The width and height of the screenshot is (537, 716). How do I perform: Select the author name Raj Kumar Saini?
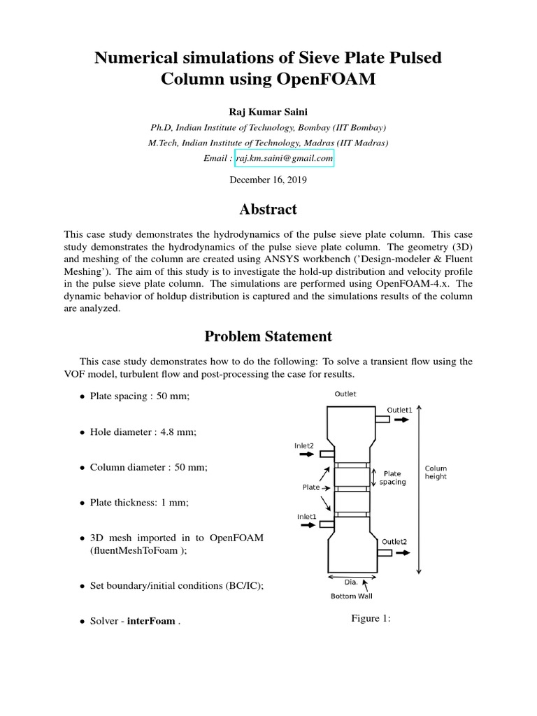268,112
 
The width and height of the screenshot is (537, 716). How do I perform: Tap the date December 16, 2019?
268,180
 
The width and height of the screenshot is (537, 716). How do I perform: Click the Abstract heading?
268,210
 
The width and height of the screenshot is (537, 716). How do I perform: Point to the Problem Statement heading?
268,336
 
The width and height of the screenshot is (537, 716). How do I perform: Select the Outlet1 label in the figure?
399,410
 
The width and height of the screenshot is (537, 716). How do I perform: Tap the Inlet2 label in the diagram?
303,445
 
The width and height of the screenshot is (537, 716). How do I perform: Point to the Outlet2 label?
394,541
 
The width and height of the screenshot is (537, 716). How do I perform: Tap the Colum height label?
435,473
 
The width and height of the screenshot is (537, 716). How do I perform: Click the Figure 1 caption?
370,619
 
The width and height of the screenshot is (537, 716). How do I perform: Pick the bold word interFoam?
151,621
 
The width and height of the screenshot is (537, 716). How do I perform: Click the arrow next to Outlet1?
403,420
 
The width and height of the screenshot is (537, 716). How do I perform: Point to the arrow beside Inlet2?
305,454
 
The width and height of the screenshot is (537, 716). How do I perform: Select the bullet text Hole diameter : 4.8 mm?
143,432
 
